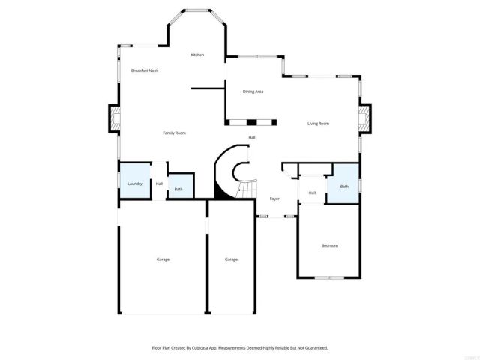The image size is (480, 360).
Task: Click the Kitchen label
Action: click(x=197, y=55)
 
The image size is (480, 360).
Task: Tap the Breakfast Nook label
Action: click(x=145, y=70)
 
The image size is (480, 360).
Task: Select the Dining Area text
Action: click(x=253, y=91)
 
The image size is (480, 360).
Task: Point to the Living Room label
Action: click(x=319, y=124)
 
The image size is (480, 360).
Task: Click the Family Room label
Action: click(x=175, y=133)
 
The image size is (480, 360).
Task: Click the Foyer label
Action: click(x=274, y=199)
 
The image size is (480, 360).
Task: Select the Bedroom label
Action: click(x=330, y=246)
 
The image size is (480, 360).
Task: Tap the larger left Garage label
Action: click(x=163, y=259)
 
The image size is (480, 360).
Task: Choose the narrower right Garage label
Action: click(x=231, y=259)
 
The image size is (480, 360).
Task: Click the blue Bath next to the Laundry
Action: click(x=179, y=187)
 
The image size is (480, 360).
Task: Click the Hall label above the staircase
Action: click(x=252, y=137)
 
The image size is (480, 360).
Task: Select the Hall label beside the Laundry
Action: click(x=159, y=184)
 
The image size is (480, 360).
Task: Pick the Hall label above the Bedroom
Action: click(x=311, y=193)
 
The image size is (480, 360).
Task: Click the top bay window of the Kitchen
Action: click(x=197, y=10)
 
